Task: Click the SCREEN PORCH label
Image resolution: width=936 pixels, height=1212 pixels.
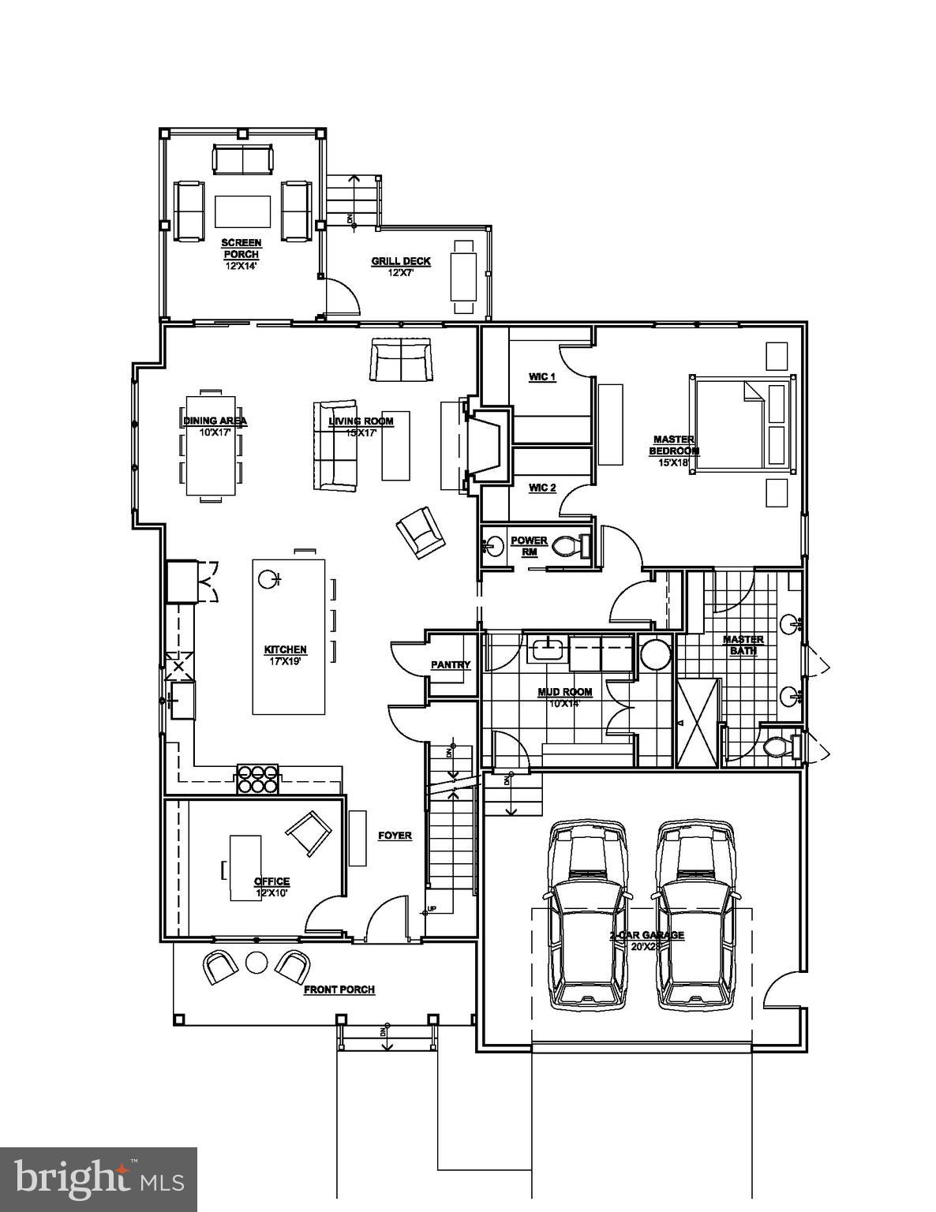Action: (241, 249)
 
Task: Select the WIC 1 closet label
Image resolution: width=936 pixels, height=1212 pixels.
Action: (542, 377)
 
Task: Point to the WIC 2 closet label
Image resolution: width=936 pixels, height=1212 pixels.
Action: (542, 488)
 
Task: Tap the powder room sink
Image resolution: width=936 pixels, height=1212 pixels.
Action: (493, 546)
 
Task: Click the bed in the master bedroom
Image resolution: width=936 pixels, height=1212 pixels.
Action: (743, 425)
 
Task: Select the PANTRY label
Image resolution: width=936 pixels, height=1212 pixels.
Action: (451, 665)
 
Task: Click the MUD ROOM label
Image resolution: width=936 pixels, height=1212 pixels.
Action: (564, 693)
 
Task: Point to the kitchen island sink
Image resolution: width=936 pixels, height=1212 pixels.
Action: (268, 580)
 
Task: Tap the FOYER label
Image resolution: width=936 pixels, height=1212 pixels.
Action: (395, 836)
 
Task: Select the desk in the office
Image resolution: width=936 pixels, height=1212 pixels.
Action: (245, 867)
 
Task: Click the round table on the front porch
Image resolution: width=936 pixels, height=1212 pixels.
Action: (256, 962)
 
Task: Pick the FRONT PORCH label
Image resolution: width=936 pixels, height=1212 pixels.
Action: (339, 989)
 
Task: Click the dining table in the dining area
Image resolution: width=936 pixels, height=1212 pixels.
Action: (211, 444)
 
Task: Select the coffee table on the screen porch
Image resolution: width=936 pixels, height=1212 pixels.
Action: (242, 211)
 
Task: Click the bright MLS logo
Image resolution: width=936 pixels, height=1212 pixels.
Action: (98, 1180)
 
